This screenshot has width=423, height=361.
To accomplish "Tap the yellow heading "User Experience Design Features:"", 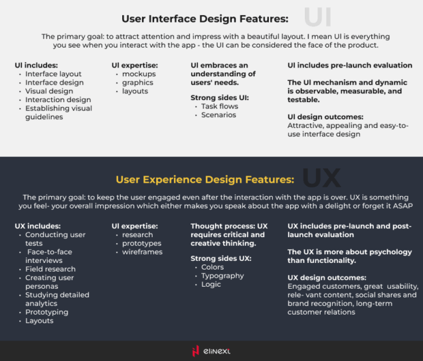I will coord(205,179).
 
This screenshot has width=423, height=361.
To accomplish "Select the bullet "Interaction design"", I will coord(58,100).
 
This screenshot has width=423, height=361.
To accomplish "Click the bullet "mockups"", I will coord(139,74).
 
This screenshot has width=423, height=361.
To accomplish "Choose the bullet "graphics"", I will coord(137,83).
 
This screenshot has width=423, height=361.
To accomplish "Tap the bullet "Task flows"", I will coord(219,106).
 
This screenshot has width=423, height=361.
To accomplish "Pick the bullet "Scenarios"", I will coord(219,115).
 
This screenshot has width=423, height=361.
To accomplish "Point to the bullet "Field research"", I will coord(50,269).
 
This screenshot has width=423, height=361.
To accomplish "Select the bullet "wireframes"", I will coord(142,252).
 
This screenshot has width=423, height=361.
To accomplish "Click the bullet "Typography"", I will coord(222,276).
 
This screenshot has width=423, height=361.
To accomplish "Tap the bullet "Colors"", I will coord(213,267).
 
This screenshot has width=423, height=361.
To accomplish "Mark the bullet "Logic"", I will coord(212,284).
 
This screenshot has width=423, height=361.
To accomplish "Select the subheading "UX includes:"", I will coord(38,226).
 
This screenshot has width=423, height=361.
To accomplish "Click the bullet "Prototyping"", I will coord(46,312).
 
